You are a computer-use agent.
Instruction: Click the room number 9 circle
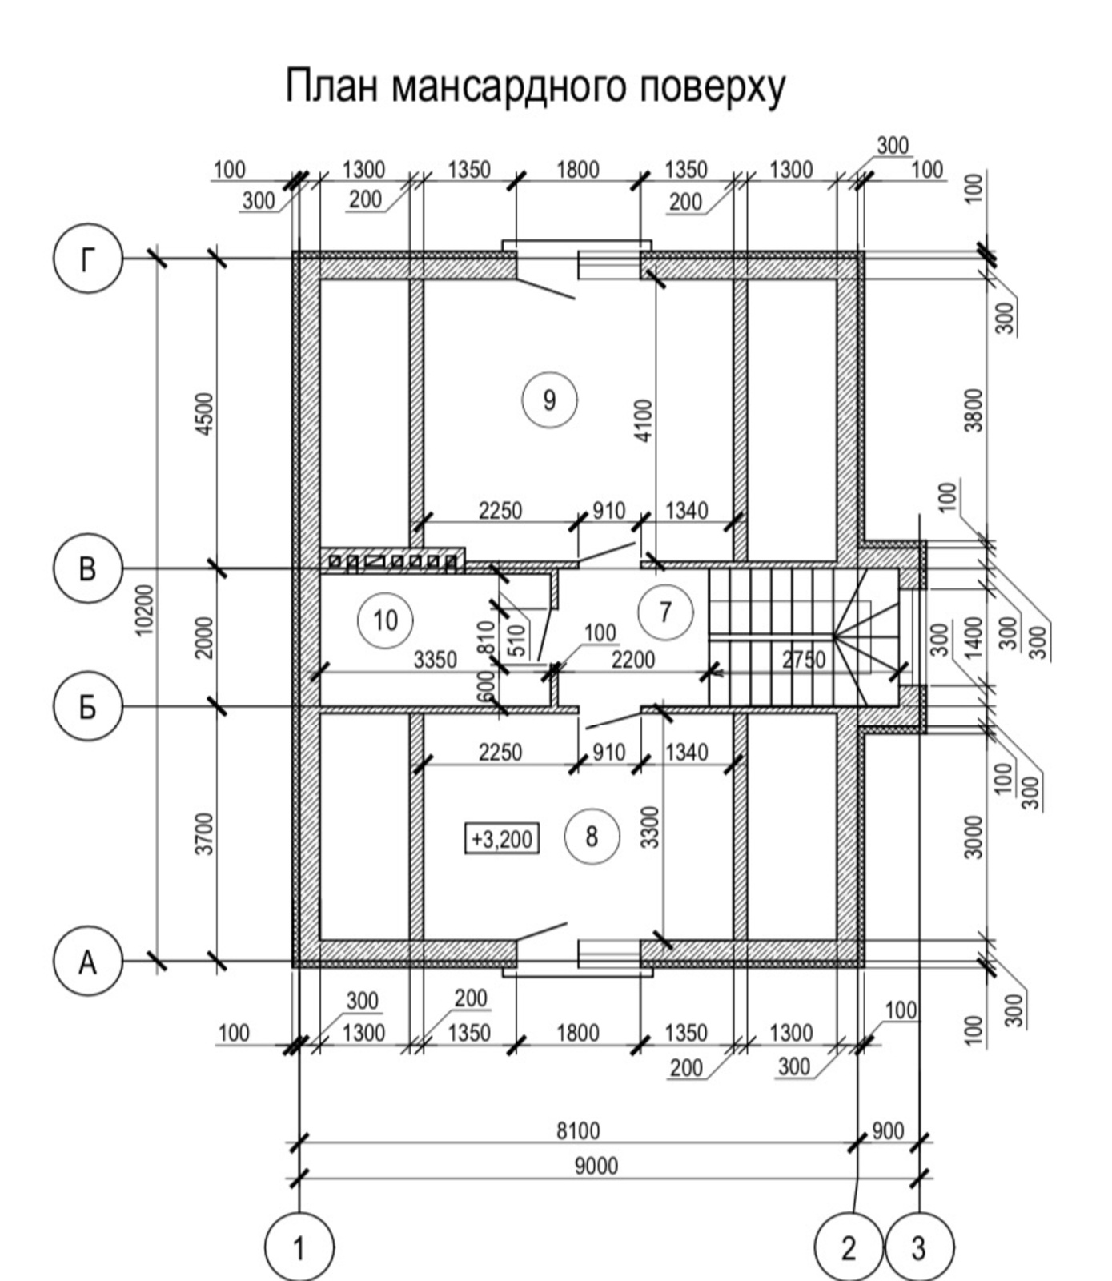549,399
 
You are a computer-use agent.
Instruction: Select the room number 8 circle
592,837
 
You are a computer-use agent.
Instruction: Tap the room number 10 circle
385,620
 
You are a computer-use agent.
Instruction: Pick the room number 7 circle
665,612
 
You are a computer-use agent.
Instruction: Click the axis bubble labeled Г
87,258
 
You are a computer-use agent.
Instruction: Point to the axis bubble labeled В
87,569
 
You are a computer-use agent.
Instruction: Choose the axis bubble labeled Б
87,707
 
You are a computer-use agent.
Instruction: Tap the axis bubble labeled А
87,962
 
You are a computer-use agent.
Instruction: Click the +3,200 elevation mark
502,839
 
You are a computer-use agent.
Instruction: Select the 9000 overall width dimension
596,1166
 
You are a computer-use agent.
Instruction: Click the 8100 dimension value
578,1131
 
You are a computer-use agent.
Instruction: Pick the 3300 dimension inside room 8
650,827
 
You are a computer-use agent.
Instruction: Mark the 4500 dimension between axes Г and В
205,413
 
